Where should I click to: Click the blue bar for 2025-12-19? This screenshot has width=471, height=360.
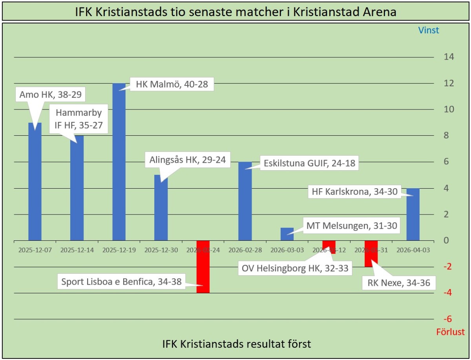tap(119, 165)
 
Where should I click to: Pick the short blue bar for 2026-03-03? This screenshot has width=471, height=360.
tap(287, 234)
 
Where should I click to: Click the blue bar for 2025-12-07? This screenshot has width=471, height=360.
tap(35, 184)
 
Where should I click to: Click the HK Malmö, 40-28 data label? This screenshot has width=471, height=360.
tap(172, 84)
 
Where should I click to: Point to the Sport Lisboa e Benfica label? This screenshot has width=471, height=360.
tap(122, 282)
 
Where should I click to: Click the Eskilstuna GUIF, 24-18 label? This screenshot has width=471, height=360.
tap(309, 163)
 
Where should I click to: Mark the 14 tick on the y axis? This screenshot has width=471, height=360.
tap(449, 57)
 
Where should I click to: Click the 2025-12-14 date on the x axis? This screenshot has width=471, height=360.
tap(77, 250)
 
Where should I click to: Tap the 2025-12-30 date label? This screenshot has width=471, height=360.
tap(161, 250)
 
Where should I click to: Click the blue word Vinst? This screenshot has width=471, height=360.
tap(428, 30)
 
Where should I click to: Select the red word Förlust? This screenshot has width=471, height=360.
tap(450, 332)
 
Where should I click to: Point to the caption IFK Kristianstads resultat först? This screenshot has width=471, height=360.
tap(237, 344)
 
